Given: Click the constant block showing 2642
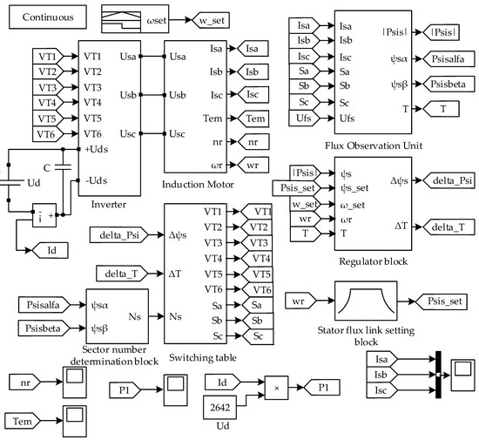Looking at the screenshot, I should tap(224, 409).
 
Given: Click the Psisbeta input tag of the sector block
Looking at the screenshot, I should tap(45, 328).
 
